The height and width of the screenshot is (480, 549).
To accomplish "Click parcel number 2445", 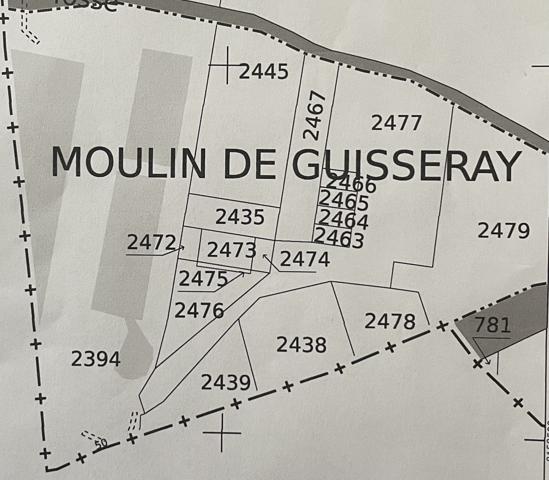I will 264,72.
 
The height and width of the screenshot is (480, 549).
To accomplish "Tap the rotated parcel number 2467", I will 315,115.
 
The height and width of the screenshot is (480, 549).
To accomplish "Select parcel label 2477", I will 396,123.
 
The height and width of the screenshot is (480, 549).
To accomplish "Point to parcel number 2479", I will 503,231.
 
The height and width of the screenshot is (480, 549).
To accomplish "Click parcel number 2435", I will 240,217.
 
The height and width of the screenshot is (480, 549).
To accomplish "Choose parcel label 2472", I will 152,242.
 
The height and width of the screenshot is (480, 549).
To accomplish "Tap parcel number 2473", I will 232,250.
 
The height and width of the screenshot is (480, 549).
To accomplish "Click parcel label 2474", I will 305,259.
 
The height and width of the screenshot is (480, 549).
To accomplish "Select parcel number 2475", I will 203,278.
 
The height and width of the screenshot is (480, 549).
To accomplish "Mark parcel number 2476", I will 199,310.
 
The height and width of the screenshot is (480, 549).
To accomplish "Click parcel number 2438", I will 301,345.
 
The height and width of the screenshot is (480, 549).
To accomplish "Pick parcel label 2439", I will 226,382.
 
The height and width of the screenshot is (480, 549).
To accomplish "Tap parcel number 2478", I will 390,321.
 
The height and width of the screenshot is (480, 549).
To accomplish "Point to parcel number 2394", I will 96,358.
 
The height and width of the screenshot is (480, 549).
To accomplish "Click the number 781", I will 492,325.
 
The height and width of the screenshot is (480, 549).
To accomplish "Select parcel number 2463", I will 339,238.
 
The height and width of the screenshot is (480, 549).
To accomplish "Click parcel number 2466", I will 351,183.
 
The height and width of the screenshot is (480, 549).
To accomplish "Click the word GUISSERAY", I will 405,165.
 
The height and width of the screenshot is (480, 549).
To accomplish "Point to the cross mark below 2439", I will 222,433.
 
